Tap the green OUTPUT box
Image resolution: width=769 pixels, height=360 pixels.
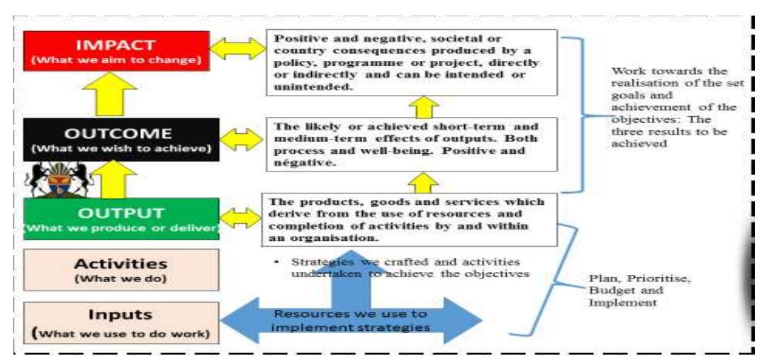120,218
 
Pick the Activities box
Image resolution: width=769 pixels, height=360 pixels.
120,269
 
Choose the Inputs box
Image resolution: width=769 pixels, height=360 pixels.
120,322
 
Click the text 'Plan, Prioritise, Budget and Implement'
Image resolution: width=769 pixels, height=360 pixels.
624,290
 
